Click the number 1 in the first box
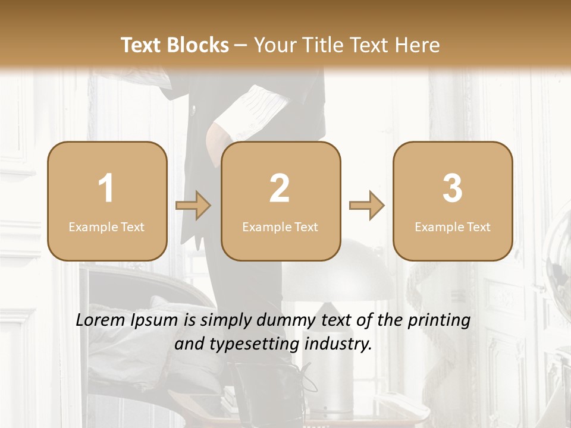106,188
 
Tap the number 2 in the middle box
280,188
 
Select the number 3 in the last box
453,188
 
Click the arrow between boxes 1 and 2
193,206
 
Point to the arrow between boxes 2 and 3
366,206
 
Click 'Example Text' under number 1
106,227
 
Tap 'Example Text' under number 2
280,227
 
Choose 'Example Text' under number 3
453,227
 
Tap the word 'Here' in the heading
417,45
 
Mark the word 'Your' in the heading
273,45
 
